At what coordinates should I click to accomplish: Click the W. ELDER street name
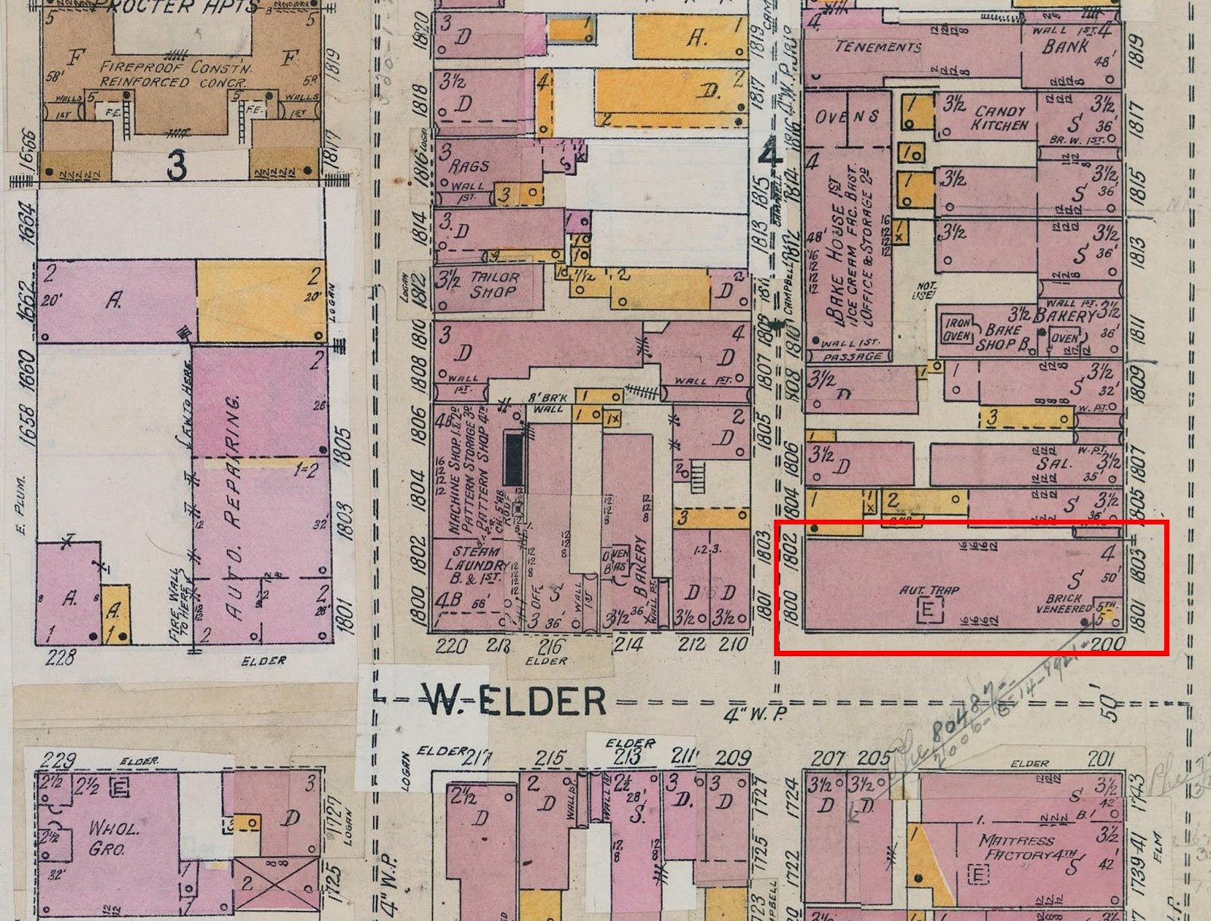[514, 701]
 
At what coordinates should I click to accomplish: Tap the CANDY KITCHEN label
[1000, 118]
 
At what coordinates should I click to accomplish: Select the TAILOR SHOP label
[493, 285]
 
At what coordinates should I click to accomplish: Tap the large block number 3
[176, 166]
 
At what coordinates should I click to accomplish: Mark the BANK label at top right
[1065, 47]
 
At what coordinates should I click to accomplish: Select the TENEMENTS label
[878, 47]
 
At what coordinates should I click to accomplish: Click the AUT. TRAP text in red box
[929, 590]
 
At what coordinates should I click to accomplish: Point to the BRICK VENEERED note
[1063, 603]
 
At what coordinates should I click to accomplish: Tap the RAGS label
[469, 166]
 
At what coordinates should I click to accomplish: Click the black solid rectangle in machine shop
[514, 459]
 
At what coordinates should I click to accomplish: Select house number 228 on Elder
[61, 657]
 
